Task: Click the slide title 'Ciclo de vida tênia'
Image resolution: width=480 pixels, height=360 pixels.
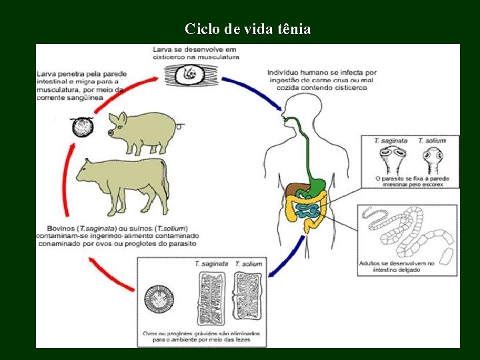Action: [x=247, y=29]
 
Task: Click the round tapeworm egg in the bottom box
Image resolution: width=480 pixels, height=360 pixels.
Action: [x=159, y=301]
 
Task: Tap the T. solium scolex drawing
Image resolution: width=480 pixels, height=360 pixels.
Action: [x=431, y=161]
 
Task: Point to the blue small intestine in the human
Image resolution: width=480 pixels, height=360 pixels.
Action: [x=308, y=211]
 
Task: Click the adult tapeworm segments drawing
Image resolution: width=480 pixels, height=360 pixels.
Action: [x=407, y=233]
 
